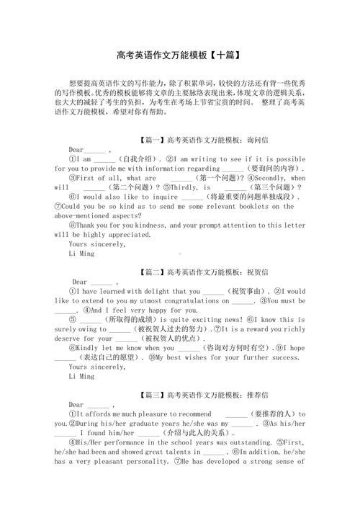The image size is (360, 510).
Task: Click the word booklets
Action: tap(239, 206)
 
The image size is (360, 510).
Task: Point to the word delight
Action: tap(147, 291)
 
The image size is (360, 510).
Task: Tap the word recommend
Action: tap(189, 413)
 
